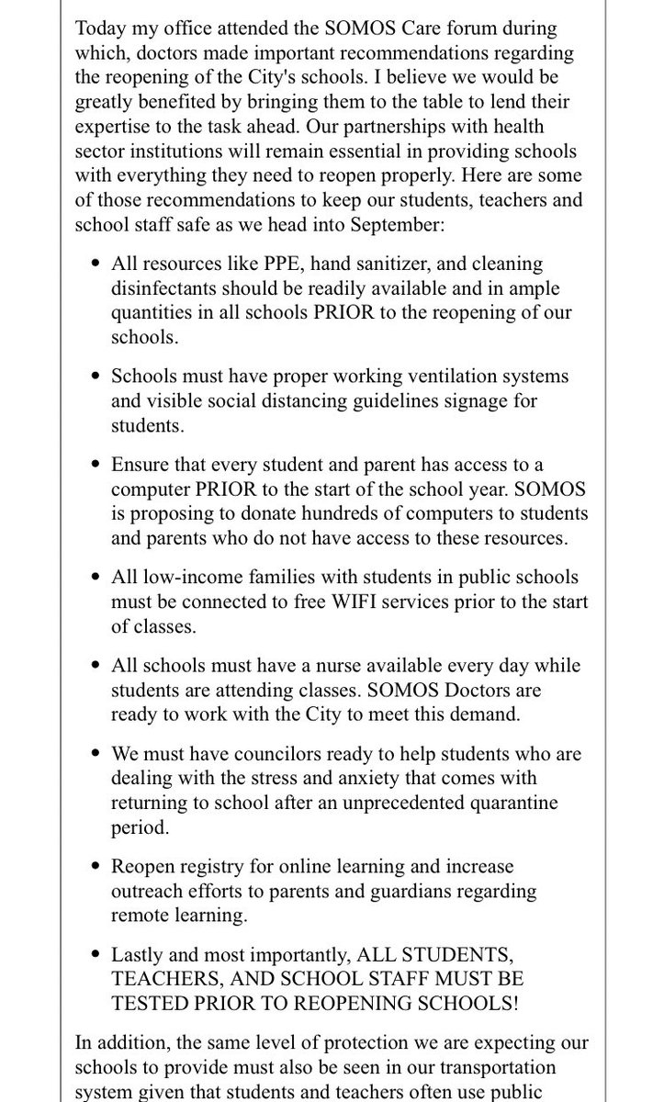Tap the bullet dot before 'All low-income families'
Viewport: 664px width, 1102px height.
click(96, 577)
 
